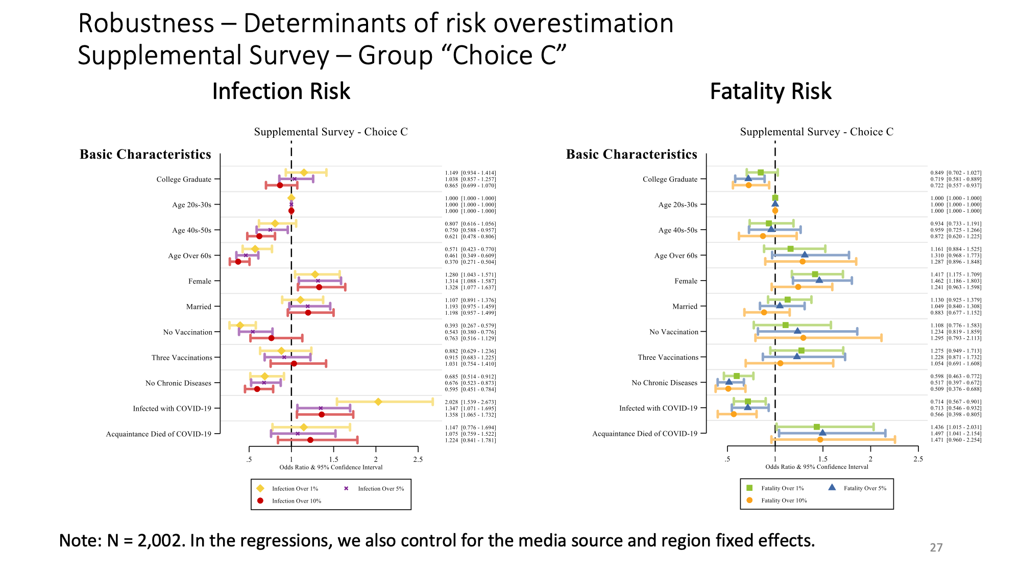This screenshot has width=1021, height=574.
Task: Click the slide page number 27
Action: coord(936,547)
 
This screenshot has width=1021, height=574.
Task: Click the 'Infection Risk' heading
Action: coord(281,91)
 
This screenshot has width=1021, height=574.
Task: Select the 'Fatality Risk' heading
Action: coord(770,91)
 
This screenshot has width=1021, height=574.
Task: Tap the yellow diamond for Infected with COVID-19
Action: coord(378,402)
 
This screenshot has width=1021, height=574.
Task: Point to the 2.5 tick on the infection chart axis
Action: coord(418,459)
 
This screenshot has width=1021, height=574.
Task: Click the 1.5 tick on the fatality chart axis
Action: coord(822,459)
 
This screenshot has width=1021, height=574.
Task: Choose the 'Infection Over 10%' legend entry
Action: coord(290,501)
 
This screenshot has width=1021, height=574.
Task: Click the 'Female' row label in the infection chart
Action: coord(200,281)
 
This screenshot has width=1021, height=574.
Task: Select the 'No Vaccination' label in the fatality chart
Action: coord(673,332)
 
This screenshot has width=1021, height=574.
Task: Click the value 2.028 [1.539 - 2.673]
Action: coord(470,402)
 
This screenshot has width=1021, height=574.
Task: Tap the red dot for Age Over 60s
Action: coord(238,262)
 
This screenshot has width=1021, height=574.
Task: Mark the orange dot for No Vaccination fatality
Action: coord(803,338)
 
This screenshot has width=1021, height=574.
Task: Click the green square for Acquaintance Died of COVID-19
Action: coord(816,427)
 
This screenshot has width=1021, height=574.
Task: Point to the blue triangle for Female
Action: coord(819,280)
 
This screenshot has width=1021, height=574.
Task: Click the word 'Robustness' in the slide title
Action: coord(146,23)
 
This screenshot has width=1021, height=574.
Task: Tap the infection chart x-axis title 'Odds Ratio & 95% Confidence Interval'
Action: coord(331,467)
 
